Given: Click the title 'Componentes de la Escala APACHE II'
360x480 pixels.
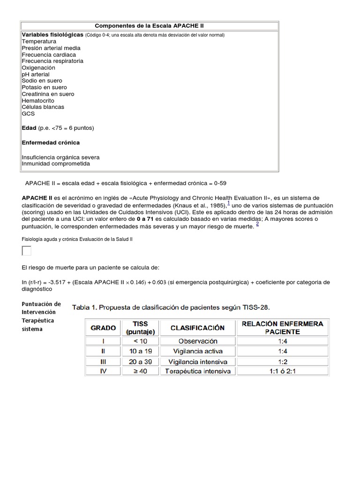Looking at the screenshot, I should pos(149,26).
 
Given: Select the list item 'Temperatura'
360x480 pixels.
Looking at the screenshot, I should pos(39,41).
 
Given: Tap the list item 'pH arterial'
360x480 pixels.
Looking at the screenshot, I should pos(35,74).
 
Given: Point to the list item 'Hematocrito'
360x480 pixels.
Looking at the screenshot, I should pos(38,100).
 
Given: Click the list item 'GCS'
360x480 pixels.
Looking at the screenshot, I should pos(28,113).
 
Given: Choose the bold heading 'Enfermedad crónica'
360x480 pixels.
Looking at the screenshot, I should pos(51,142).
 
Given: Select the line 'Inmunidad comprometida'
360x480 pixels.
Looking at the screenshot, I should pos(56,164).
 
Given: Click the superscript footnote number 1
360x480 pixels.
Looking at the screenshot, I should pos(228,203).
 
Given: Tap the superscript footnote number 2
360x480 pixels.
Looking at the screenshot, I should pos(257,224).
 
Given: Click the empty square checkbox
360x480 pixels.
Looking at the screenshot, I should pos(27,251).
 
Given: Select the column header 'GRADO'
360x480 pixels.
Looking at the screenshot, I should pos(103,328).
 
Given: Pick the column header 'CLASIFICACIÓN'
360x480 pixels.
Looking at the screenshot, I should pos(197,328).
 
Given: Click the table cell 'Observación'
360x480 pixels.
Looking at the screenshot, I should pos(197,341).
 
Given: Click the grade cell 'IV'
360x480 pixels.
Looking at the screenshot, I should pos(103,371).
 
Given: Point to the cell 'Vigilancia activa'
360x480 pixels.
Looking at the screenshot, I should pos(197,351).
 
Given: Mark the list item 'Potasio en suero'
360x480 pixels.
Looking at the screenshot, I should pos(44,87).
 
